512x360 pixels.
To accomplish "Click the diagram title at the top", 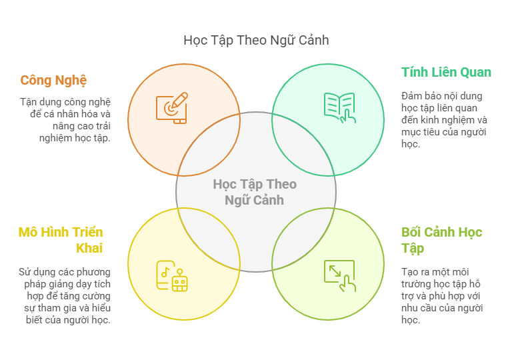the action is click(x=256, y=41).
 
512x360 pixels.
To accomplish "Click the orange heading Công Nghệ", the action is click(x=53, y=81).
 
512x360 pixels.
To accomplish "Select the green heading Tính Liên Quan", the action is click(x=446, y=72).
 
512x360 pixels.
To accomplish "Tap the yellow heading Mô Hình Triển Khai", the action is click(x=61, y=240).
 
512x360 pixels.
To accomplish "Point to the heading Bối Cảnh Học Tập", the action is click(x=442, y=241).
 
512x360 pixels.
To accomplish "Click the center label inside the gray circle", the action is click(x=255, y=193).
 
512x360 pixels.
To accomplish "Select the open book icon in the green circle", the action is click(x=339, y=108).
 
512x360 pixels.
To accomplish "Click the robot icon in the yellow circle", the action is click(x=179, y=280).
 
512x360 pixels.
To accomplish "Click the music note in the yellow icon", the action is click(x=165, y=272).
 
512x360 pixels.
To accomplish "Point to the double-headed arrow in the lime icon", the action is click(x=335, y=271).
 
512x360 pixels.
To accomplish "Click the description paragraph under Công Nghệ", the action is click(x=65, y=120).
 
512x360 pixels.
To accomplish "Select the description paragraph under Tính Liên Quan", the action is click(x=444, y=120).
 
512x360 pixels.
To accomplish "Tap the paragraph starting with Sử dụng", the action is click(x=65, y=295).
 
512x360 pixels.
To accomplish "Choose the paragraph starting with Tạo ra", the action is click(x=442, y=295).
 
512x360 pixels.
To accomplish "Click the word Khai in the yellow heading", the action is click(x=89, y=248).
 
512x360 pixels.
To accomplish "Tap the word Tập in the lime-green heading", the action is click(x=413, y=249).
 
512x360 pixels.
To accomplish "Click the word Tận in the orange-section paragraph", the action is click(x=27, y=102).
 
